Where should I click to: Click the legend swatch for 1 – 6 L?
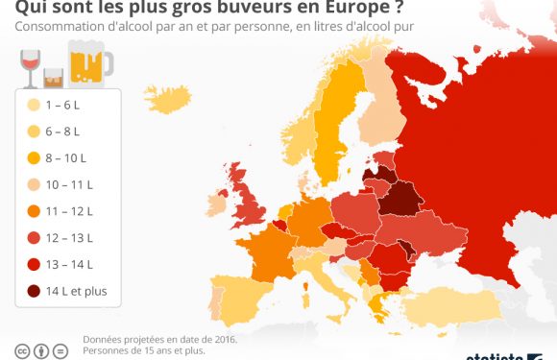coord(34,106)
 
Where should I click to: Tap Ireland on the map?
coord(217,204)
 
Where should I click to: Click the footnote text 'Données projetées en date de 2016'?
coord(159,339)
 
